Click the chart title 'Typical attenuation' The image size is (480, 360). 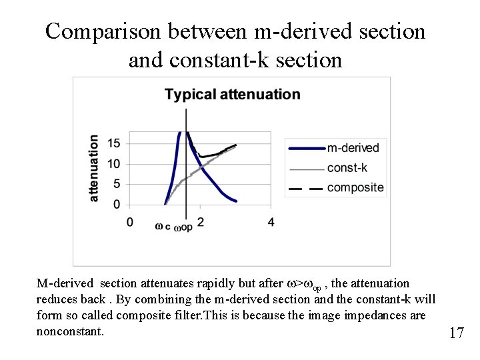pos(232,95)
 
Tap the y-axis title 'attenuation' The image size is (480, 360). pos(94,168)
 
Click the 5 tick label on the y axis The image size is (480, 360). pos(116,184)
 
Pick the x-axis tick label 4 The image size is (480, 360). pos(271,222)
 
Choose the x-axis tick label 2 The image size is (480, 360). pos(200,222)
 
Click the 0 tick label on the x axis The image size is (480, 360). pos(129,222)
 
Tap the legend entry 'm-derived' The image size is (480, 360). pos(353,148)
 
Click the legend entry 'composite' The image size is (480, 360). pos(355,187)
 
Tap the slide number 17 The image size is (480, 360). pos(456,333)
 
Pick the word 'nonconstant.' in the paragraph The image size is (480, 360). pos(70,330)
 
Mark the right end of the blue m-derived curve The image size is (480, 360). pos(236,201)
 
